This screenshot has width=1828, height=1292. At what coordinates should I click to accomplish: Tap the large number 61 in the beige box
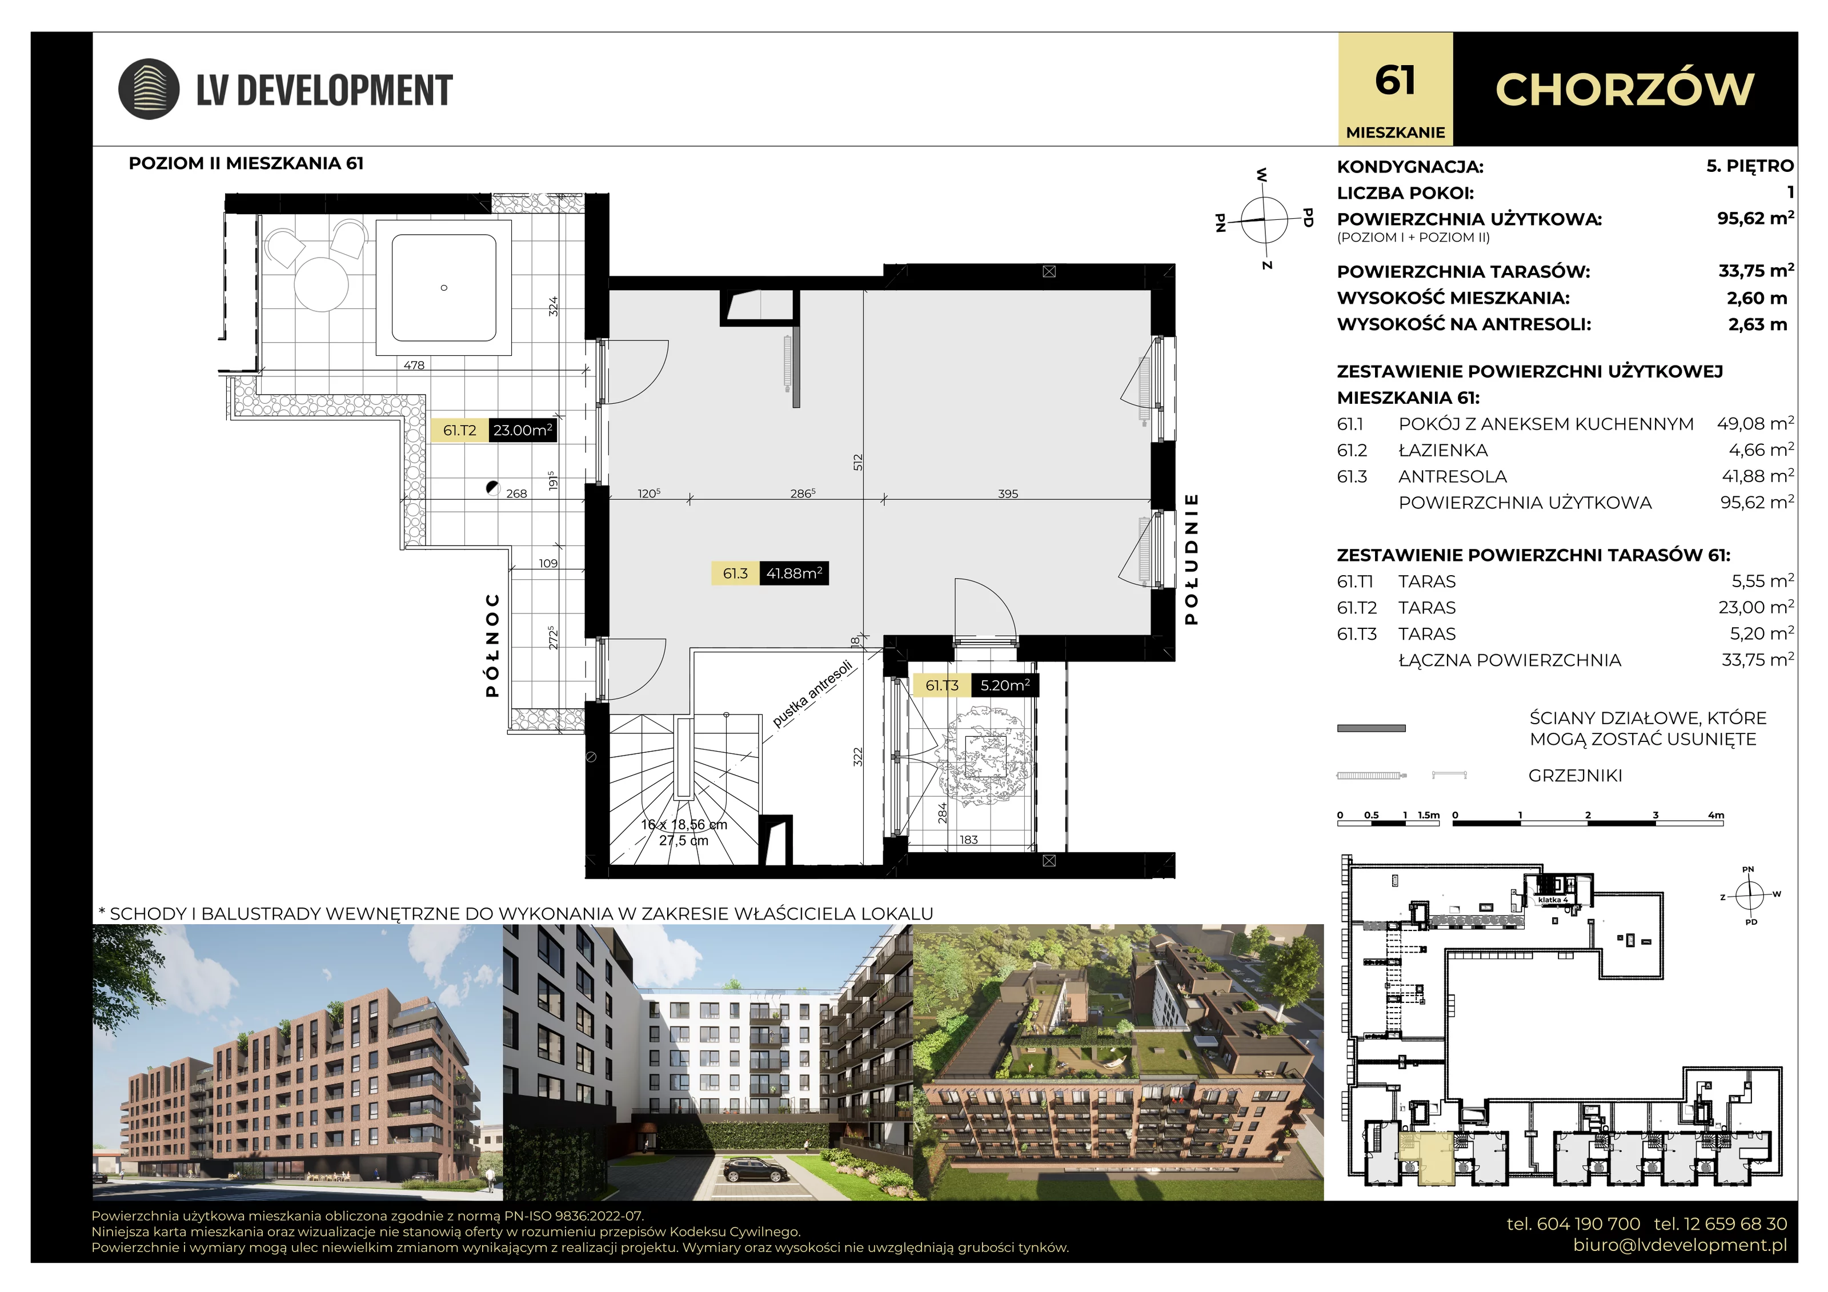[1395, 81]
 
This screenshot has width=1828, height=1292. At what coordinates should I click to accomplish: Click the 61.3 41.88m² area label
[770, 573]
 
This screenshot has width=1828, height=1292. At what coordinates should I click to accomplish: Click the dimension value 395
[1008, 493]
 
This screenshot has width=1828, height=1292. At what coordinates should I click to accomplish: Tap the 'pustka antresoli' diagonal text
[812, 693]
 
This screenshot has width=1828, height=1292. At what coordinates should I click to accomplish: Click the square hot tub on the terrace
[443, 287]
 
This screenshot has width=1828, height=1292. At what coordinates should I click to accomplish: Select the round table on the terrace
[322, 284]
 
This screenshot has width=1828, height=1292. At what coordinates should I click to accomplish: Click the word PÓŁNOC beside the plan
[493, 645]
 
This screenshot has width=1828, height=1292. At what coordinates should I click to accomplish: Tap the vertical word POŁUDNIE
[1191, 559]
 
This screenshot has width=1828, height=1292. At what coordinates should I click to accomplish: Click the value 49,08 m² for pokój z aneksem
[1755, 423]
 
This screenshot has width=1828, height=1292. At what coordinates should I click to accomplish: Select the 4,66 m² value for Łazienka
[1761, 450]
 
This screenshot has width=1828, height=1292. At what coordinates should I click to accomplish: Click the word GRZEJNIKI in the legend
[1575, 775]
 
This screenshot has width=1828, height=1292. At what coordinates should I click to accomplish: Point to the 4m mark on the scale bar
[1715, 815]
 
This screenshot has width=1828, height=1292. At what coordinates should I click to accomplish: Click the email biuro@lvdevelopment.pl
[1680, 1245]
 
